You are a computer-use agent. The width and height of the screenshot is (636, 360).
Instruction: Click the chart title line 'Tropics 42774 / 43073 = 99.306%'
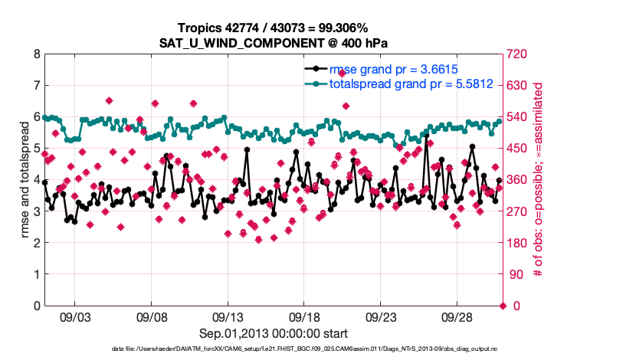pyautogui.click(x=273, y=28)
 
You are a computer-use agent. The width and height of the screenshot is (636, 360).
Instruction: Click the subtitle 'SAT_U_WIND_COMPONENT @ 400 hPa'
pyautogui.click(x=273, y=43)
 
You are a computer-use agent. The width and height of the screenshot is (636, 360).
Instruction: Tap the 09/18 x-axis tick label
pyautogui.click(x=304, y=316)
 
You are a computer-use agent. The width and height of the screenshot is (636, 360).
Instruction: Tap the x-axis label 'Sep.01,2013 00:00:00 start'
pyautogui.click(x=273, y=333)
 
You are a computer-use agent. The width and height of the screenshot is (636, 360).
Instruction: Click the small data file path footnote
pyautogui.click(x=273, y=349)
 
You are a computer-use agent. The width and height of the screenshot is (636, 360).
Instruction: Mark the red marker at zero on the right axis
pyautogui.click(x=503, y=306)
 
